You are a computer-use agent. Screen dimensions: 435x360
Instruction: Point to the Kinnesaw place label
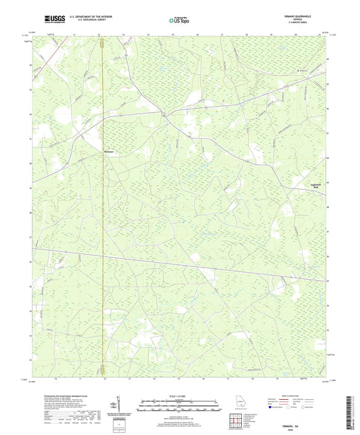[x=109, y=151]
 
